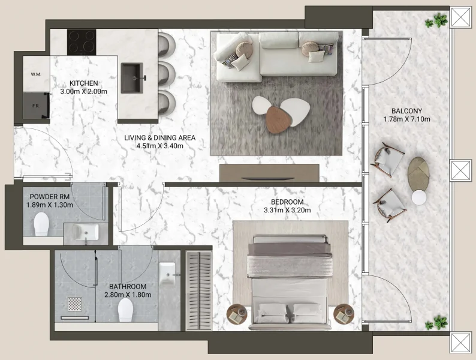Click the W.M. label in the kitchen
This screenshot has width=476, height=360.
[35, 74]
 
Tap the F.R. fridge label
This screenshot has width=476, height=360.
[35, 106]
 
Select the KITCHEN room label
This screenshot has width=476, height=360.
[84, 83]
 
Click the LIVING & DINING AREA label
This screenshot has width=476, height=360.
[159, 137]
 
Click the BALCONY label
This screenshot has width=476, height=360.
[407, 111]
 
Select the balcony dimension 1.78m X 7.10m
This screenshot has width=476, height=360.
[407, 119]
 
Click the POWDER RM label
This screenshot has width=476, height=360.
[50, 197]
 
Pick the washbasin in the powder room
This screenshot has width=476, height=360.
[86, 231]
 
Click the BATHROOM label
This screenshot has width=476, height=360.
[128, 287]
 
